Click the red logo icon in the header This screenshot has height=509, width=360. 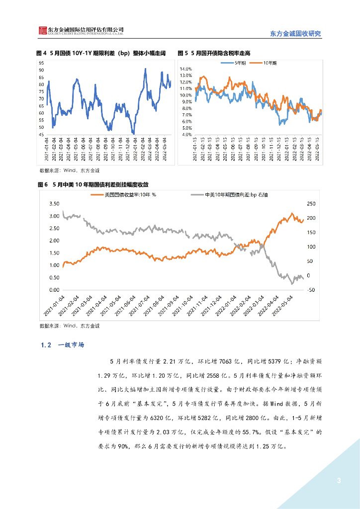click(x=44, y=31)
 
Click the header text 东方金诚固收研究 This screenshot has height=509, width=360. click(x=295, y=33)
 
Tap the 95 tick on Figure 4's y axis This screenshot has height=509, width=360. click(x=41, y=63)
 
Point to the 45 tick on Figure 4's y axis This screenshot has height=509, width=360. click(x=41, y=135)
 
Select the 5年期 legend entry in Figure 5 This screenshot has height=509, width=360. click(x=240, y=63)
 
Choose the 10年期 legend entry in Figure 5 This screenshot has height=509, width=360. click(x=269, y=63)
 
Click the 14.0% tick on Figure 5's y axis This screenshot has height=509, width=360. click(x=186, y=69)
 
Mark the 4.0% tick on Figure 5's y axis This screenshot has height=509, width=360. click(x=186, y=135)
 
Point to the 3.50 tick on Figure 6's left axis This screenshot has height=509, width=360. click(x=54, y=204)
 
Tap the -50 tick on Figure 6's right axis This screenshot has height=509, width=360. click(x=312, y=290)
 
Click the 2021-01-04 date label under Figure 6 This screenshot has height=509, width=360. click(x=58, y=306)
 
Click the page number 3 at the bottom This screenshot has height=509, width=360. click(x=339, y=480)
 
